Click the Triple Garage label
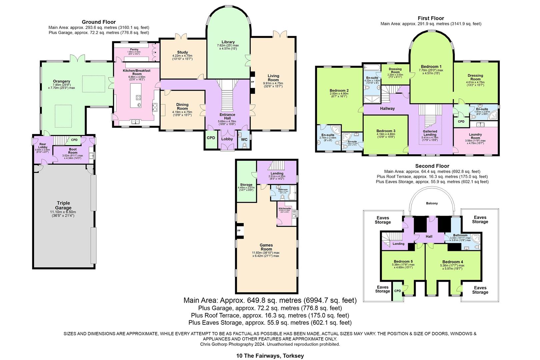pyautogui.click(x=63, y=205)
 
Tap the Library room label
pyautogui.click(x=228, y=42)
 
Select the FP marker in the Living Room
pyautogui.click(x=252, y=82)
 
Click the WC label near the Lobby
pyautogui.click(x=244, y=139)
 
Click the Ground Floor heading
pyautogui.click(x=99, y=22)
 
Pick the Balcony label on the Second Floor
pyautogui.click(x=432, y=203)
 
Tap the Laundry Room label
pyautogui.click(x=475, y=136)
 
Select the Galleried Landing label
pyautogui.click(x=430, y=133)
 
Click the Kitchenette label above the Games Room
pyautogui.click(x=285, y=209)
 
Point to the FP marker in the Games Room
pyautogui.click(x=239, y=230)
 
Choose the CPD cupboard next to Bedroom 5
pyautogui.click(x=397, y=291)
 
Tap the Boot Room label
pyautogui.click(x=73, y=151)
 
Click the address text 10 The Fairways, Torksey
pyautogui.click(x=270, y=356)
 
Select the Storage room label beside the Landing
pyautogui.click(x=246, y=185)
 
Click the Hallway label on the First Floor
pyautogui.click(x=387, y=108)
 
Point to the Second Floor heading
pyautogui.click(x=432, y=166)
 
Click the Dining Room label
pyautogui.click(x=182, y=106)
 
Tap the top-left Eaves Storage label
pyautogui.click(x=382, y=220)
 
